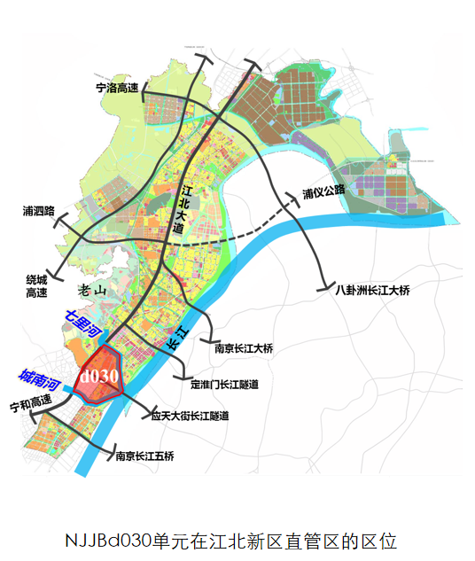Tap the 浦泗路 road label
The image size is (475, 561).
pyautogui.click(x=39, y=211)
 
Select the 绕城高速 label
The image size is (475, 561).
pyautogui.click(x=36, y=286)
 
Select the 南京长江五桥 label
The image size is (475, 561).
pyautogui.click(x=144, y=456)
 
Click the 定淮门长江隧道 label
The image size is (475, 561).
pyautogui.click(x=224, y=385)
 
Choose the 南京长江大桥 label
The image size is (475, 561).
pyautogui.click(x=244, y=348)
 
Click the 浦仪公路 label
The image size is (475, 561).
pyautogui.click(x=323, y=192)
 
